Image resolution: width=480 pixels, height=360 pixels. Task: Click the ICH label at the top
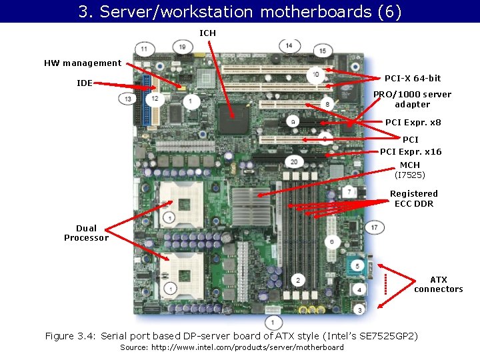point(207,33)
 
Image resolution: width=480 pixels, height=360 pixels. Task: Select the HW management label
point(83,63)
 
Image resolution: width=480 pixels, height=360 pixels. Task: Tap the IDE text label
point(85,83)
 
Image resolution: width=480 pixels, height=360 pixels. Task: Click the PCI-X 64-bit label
point(413,78)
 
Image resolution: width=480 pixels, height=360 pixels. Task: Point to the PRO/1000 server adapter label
point(412,99)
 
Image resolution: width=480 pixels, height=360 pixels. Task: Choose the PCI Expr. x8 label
point(413,123)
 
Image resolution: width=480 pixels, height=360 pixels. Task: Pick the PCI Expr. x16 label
point(411,152)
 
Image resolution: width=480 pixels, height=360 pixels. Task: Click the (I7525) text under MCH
point(410,175)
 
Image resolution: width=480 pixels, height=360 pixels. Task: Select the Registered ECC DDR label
point(413,199)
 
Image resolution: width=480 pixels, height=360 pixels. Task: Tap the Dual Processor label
point(86,233)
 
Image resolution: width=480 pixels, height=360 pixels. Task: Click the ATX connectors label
point(438,284)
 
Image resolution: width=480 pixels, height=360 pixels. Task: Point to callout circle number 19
point(183,47)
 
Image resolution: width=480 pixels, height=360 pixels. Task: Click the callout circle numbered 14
point(289,45)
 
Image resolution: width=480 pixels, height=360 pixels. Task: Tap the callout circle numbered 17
point(375,227)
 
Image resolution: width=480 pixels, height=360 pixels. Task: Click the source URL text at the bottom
point(232,347)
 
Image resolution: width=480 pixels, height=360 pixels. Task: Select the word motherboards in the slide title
point(305,12)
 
